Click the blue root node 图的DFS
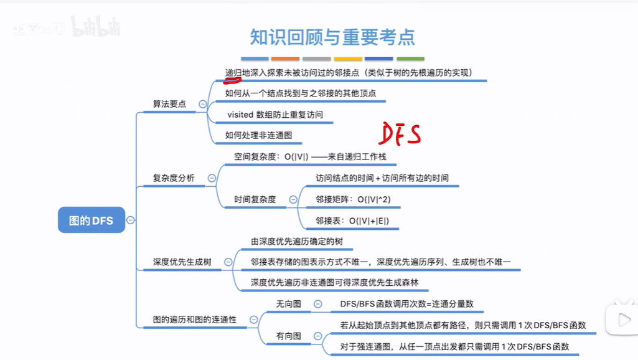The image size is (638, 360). [x=91, y=220]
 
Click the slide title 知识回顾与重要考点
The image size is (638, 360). [x=332, y=37]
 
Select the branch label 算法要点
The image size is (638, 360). [x=169, y=104]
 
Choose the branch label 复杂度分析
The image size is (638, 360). [x=174, y=178]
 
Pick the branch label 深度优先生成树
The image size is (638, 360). [x=182, y=262]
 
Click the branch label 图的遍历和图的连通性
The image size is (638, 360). [x=194, y=320]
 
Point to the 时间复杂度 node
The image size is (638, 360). [x=255, y=199]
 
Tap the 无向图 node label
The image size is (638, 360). [x=288, y=304]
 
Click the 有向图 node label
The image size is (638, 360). [x=288, y=336]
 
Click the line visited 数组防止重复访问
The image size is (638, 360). [x=275, y=115]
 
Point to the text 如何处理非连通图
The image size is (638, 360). [x=258, y=135]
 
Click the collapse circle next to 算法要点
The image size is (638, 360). [x=202, y=105]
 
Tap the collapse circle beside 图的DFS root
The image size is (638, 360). [x=131, y=220]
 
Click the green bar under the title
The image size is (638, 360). [x=411, y=59]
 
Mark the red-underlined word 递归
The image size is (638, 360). [x=233, y=73]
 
